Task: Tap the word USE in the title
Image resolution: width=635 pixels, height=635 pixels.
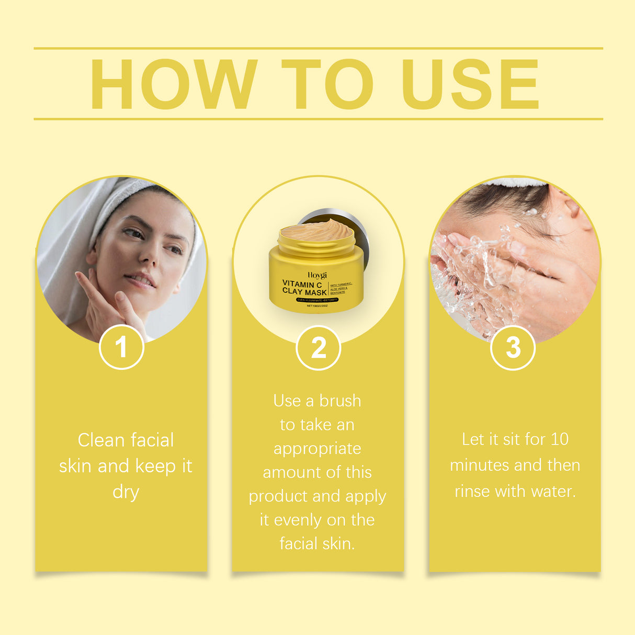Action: pos(469,84)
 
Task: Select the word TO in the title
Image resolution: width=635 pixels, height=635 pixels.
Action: pos(328,84)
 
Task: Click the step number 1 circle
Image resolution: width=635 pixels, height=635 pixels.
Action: pos(121,347)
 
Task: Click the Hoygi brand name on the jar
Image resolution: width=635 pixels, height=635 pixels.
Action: pos(317,275)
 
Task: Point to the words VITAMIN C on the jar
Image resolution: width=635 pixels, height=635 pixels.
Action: pos(302,285)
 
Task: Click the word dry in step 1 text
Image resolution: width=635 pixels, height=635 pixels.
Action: pos(126,493)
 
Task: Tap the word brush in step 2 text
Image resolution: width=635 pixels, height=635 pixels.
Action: pos(340,401)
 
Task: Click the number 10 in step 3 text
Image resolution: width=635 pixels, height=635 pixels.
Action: pos(559,439)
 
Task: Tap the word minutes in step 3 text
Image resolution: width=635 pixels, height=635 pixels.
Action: pos(479,465)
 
